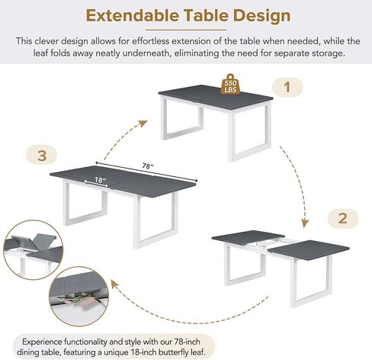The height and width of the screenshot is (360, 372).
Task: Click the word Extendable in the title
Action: click(x=135, y=15)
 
